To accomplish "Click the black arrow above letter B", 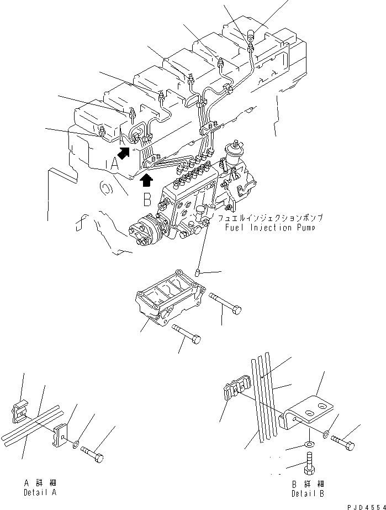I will tap(147, 180).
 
